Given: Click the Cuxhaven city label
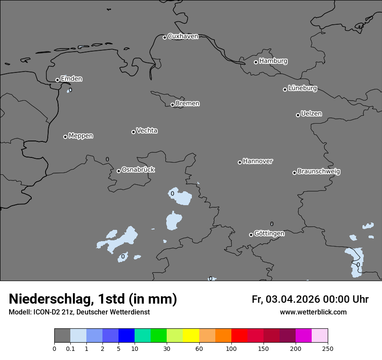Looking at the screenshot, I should (183, 36).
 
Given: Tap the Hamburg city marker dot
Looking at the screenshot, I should (256, 62).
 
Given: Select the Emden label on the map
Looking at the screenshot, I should (71, 79).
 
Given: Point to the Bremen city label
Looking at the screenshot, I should (188, 104).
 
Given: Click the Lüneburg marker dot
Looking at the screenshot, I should (285, 89).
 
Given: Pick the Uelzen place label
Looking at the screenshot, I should (311, 114).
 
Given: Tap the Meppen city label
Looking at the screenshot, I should (81, 136).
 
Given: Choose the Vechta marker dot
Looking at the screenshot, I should (133, 132).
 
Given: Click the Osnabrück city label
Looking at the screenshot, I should (138, 170).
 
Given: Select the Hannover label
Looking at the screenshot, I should (258, 161).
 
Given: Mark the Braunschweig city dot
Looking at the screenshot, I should (294, 173).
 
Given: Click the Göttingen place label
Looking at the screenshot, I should (269, 233).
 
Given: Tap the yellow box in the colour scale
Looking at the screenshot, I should (191, 336).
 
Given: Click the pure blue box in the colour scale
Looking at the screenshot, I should (126, 336).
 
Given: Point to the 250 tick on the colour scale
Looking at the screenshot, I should (327, 348).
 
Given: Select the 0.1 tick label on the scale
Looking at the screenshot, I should (70, 348).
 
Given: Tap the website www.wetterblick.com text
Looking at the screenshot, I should (313, 312).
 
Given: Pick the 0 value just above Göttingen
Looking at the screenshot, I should (272, 224).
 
